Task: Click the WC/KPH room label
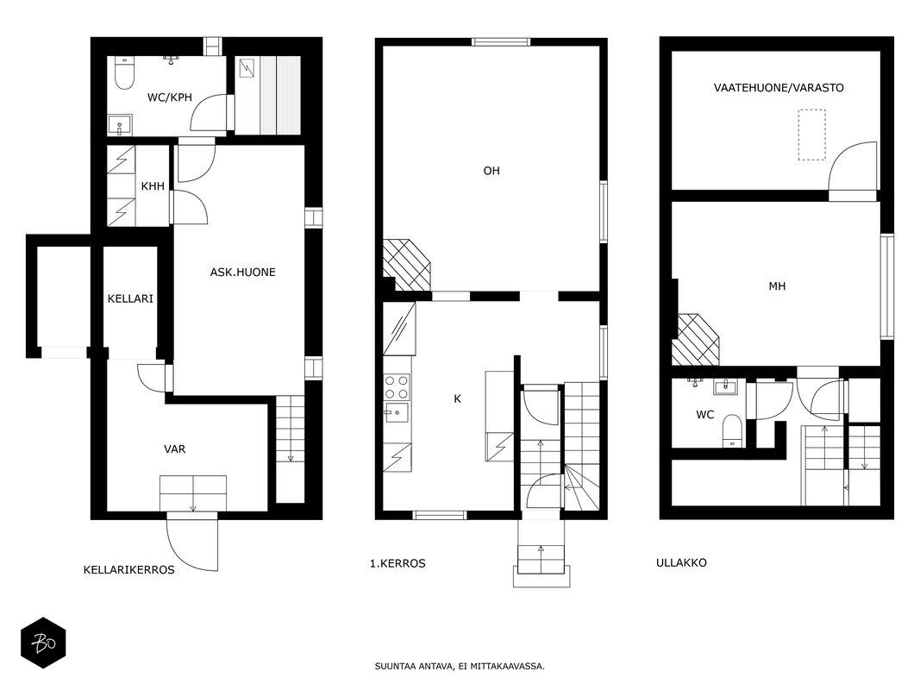pyautogui.click(x=170, y=97)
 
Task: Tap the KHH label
pyautogui.click(x=153, y=186)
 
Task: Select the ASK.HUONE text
pyautogui.click(x=243, y=273)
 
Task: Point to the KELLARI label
pyautogui.click(x=130, y=298)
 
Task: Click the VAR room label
pyautogui.click(x=175, y=449)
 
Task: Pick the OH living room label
pyautogui.click(x=491, y=171)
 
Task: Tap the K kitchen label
pyautogui.click(x=458, y=399)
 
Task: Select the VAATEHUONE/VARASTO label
pyautogui.click(x=779, y=88)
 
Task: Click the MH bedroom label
pyautogui.click(x=777, y=286)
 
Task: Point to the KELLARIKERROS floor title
pyautogui.click(x=129, y=570)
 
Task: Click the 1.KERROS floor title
pyautogui.click(x=397, y=563)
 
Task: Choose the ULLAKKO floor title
pyautogui.click(x=681, y=562)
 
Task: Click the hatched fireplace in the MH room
pyautogui.click(x=695, y=339)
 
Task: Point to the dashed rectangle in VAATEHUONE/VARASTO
pyautogui.click(x=812, y=135)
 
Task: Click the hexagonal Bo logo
pyautogui.click(x=43, y=643)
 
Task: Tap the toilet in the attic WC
pyautogui.click(x=732, y=430)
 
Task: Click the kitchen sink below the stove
pyautogui.click(x=397, y=412)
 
